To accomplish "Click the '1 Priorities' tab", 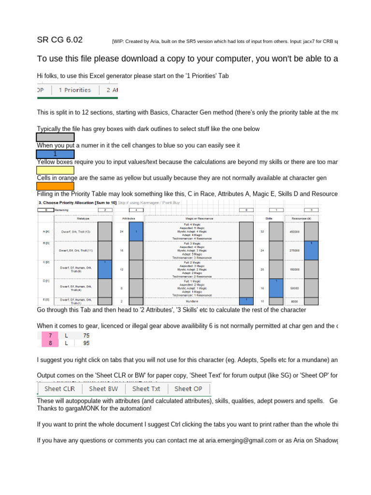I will pyautogui.click(x=75, y=90).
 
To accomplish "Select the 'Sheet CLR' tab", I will pyautogui.click(x=59, y=389).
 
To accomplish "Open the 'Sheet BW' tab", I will pyautogui.click(x=103, y=389).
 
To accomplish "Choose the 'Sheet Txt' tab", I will pyautogui.click(x=146, y=389).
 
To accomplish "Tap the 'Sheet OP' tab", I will pyautogui.click(x=188, y=389).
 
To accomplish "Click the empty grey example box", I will pyautogui.click(x=55, y=137).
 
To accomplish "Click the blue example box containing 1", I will pyautogui.click(x=55, y=154).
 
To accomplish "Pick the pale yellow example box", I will pyautogui.click(x=55, y=170).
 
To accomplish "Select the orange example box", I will pyautogui.click(x=55, y=186).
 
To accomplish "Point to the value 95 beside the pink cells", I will pyautogui.click(x=86, y=343).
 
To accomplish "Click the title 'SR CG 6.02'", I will pyautogui.click(x=60, y=40).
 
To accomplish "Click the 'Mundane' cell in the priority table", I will pyautogui.click(x=192, y=300).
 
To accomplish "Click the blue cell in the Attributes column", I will pyautogui.click(x=136, y=232).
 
